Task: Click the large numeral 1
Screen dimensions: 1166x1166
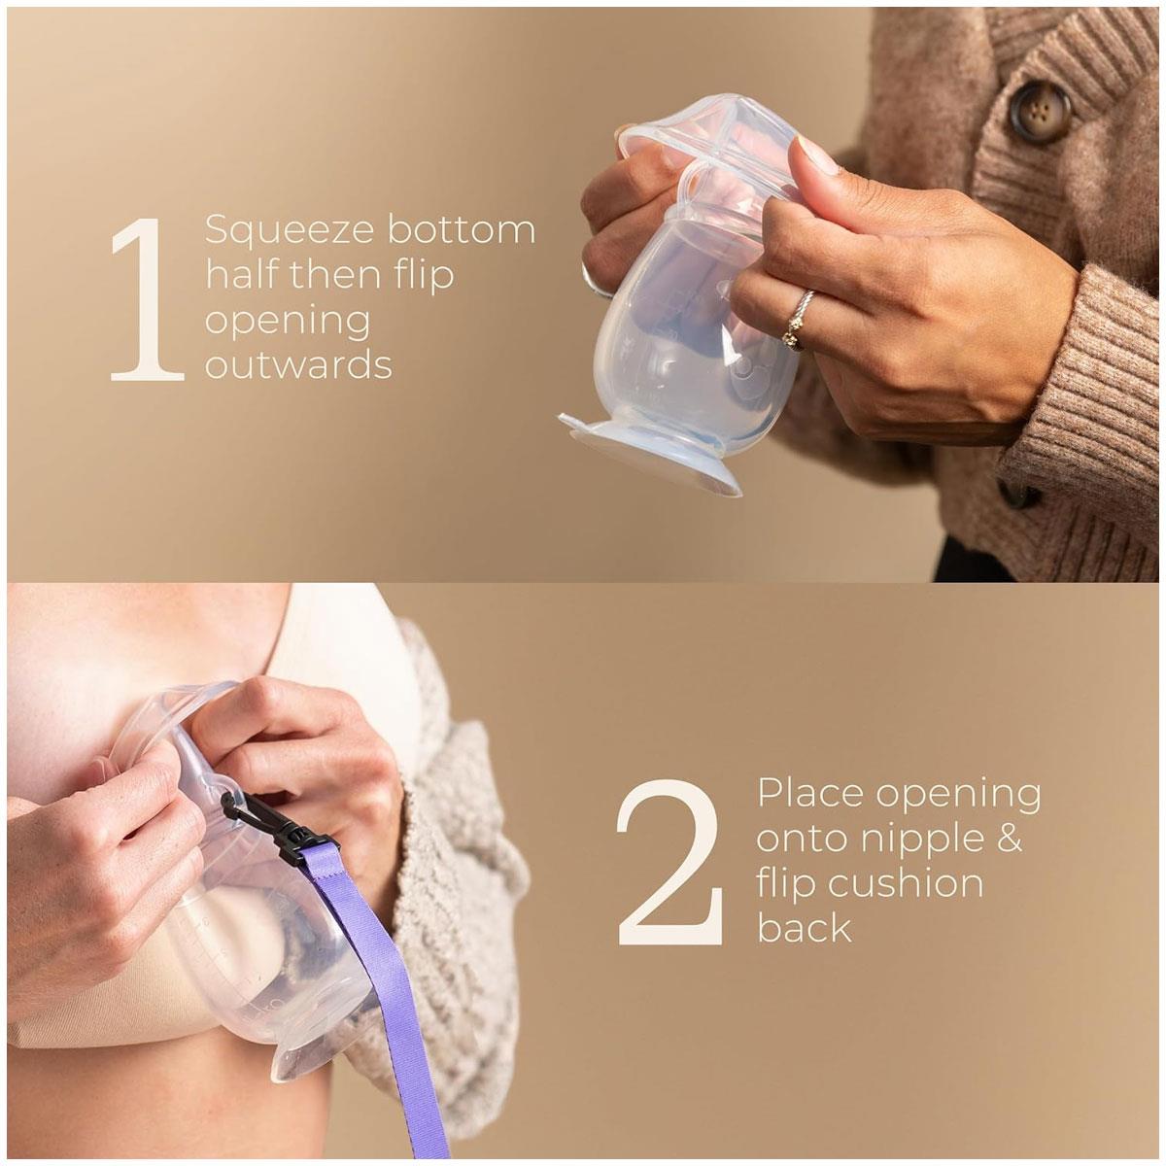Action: [x=147, y=299]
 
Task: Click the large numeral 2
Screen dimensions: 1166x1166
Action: [x=669, y=862]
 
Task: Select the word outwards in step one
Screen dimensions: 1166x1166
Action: [x=298, y=365]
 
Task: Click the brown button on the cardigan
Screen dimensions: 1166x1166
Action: [x=1039, y=112]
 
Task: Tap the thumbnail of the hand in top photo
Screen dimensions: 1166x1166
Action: [x=817, y=154]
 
